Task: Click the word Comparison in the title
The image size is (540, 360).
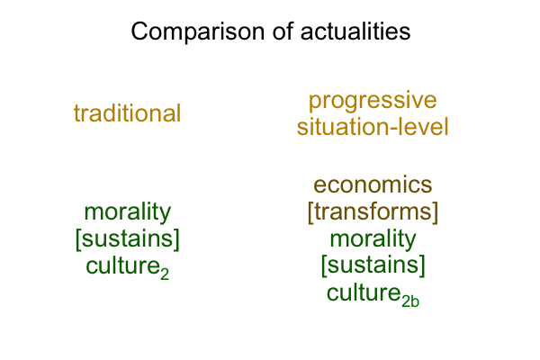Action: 199,32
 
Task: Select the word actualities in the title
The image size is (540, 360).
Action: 355,31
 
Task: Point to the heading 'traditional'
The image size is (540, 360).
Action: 128,113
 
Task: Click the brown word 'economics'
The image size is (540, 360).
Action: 373,184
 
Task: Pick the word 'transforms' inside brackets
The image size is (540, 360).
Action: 373,211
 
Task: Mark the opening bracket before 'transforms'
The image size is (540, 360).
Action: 311,212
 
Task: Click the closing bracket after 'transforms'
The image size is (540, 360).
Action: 435,212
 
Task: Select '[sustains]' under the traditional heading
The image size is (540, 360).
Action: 128,239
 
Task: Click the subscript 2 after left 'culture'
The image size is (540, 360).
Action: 165,274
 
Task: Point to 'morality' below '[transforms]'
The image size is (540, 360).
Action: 373,239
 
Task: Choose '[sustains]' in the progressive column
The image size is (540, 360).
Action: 373,265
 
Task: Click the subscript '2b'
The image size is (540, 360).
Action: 410,301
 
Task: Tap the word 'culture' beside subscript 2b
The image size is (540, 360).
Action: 364,292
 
